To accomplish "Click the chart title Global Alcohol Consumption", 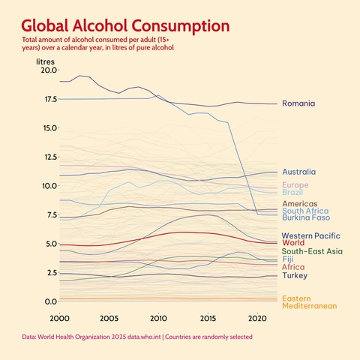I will click(125, 25).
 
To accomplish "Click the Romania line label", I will click(298, 103).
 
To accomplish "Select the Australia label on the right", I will click(298, 172).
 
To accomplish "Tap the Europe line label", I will click(295, 185).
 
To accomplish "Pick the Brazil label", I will click(292, 193).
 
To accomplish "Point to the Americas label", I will click(300, 203).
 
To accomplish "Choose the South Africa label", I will click(304, 211).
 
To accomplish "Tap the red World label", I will click(292, 243).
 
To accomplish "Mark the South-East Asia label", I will click(312, 251).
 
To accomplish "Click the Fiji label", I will click(288, 259).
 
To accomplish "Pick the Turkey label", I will click(294, 275).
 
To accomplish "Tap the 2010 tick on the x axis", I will click(158, 318).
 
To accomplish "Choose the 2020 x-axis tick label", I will click(257, 318).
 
